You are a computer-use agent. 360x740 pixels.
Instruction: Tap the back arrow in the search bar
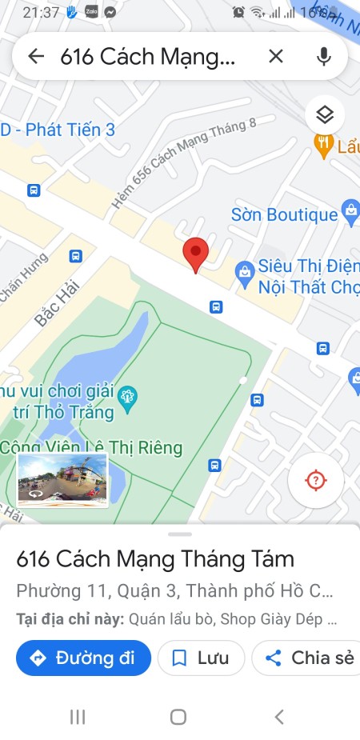[35, 56]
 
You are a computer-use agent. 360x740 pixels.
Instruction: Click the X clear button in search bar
[275, 56]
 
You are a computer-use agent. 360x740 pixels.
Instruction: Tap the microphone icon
[323, 56]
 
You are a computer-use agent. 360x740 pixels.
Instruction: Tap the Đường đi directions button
[83, 658]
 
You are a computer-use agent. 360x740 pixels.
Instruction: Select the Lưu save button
[201, 658]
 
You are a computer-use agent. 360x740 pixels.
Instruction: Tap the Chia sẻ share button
[310, 658]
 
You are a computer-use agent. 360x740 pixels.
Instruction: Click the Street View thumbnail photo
[62, 480]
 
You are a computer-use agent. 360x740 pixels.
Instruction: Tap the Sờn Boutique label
[284, 214]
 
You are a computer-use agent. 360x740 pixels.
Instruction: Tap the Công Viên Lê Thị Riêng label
[92, 447]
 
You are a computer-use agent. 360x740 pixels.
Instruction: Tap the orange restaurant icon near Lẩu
[323, 145]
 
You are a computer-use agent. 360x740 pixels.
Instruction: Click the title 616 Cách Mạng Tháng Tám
[155, 558]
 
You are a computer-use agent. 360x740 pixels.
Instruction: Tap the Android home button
[178, 717]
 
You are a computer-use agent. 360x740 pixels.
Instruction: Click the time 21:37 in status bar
[42, 13]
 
